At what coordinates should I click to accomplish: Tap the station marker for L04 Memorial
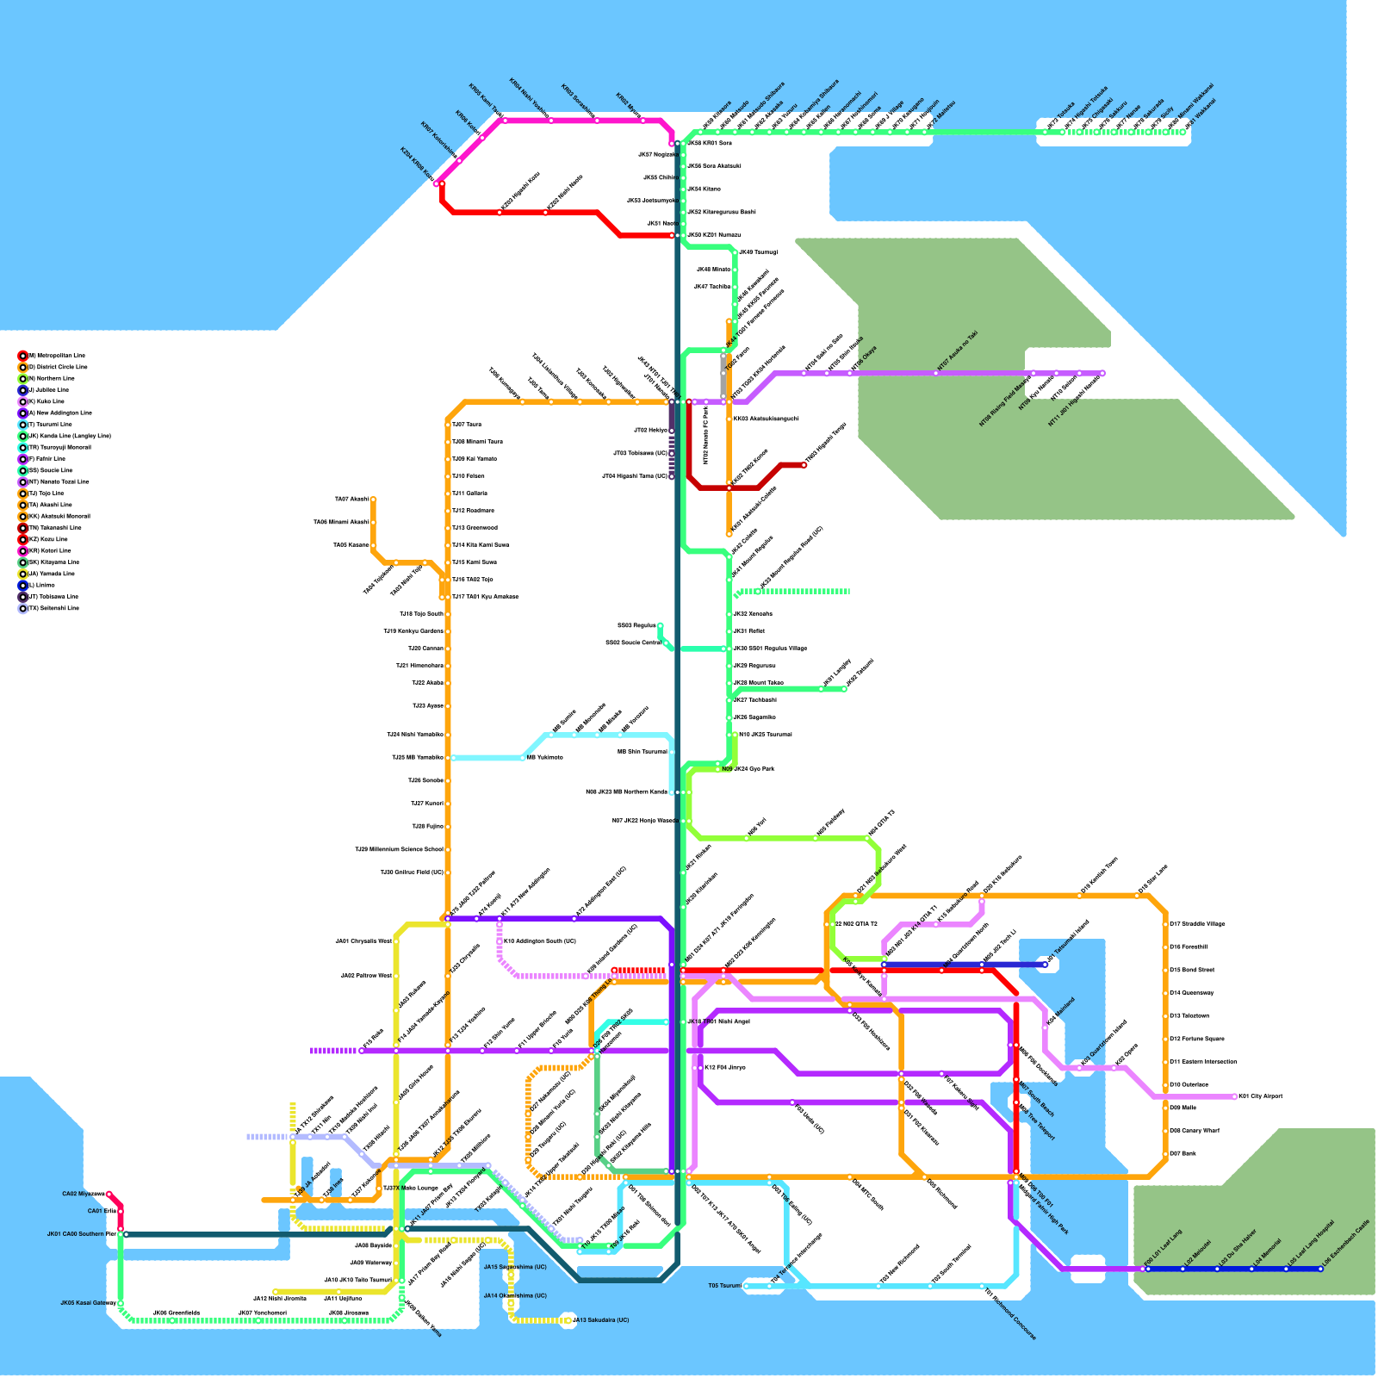(x=1251, y=1269)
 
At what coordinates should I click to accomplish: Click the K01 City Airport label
(x=1261, y=1096)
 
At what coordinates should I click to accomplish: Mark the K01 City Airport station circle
(x=1235, y=1096)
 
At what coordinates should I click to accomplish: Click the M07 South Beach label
(x=1037, y=1099)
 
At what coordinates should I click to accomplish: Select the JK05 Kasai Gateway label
(x=88, y=1303)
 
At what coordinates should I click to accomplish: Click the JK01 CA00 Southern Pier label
(x=81, y=1234)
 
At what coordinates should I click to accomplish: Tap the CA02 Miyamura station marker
(x=109, y=1194)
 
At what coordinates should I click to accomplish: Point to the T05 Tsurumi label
(x=725, y=1286)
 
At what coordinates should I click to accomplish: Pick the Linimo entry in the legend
(x=41, y=585)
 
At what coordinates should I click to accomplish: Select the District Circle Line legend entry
(x=57, y=367)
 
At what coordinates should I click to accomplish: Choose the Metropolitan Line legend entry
(x=56, y=355)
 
